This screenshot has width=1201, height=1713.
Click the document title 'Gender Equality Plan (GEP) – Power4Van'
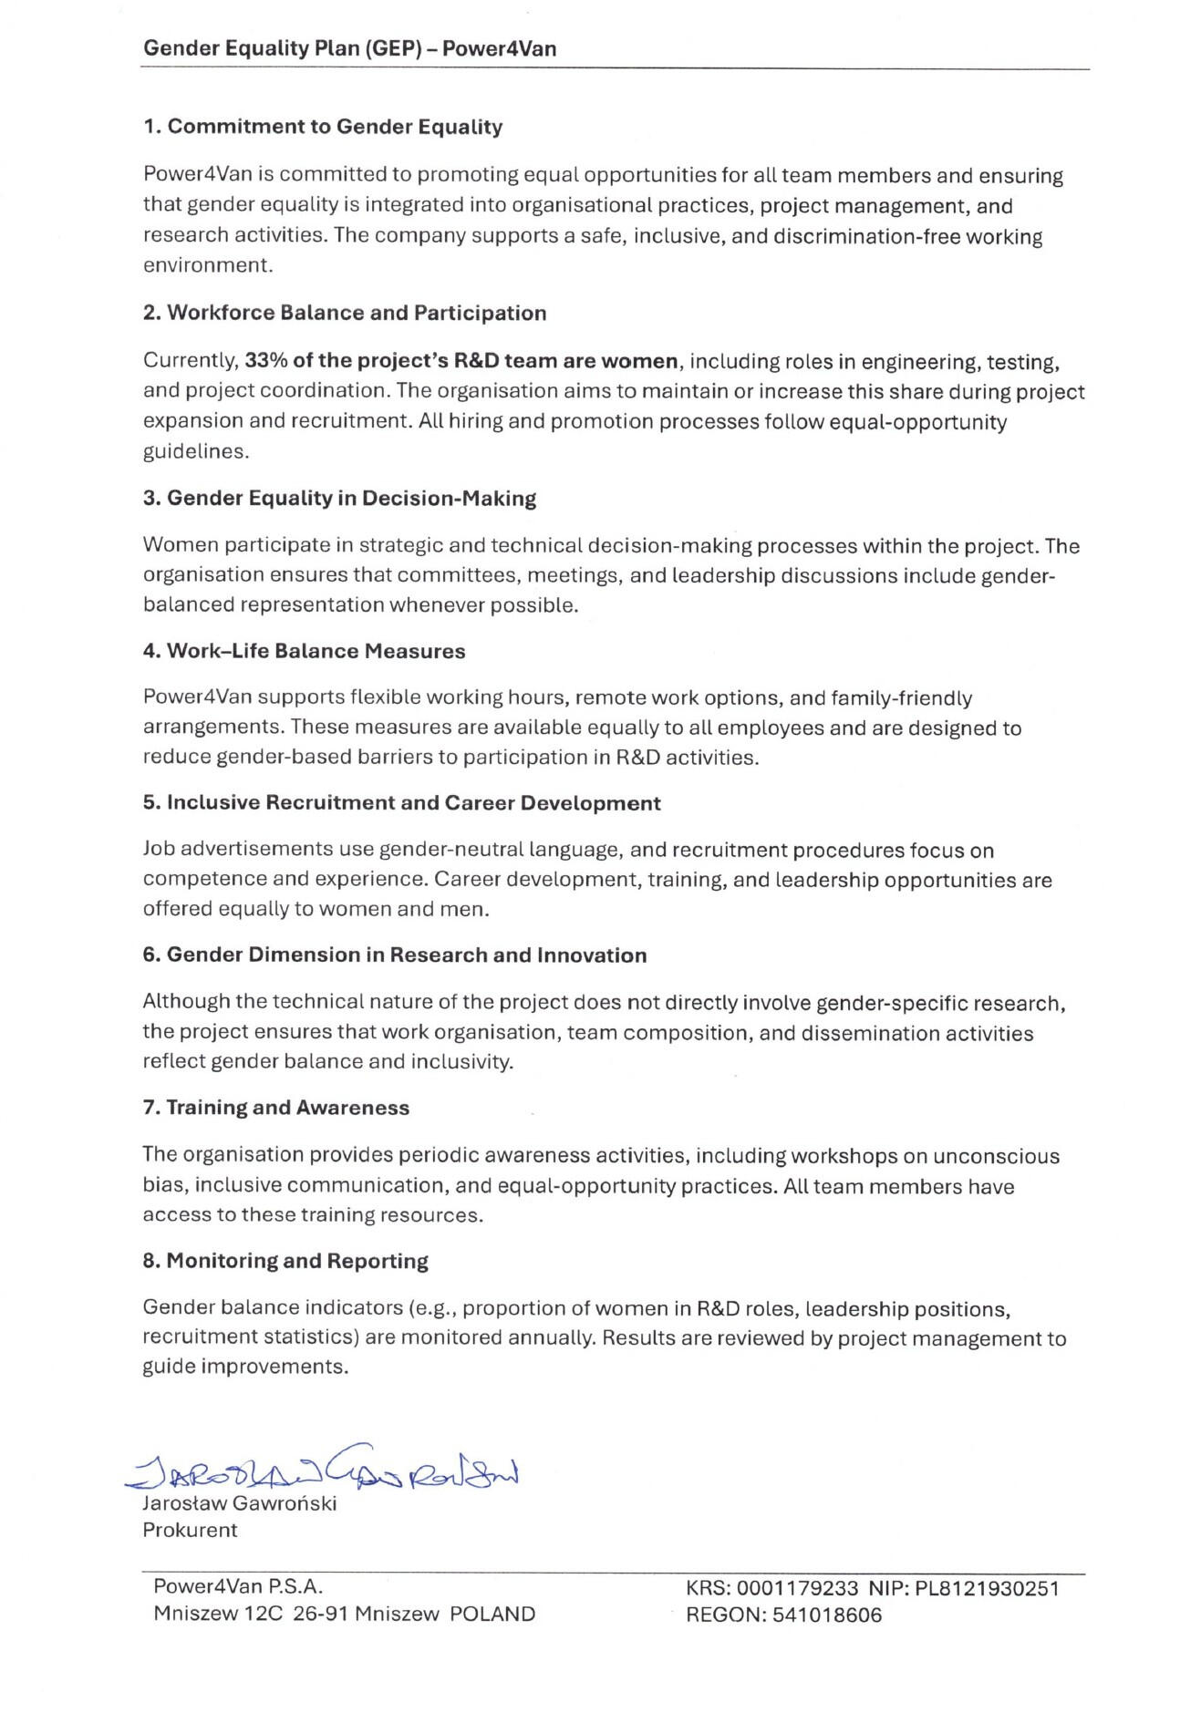point(349,48)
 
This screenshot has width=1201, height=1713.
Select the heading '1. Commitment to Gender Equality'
point(323,127)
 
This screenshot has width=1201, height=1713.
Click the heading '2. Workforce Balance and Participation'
point(345,313)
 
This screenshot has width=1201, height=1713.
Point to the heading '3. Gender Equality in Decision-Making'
point(339,498)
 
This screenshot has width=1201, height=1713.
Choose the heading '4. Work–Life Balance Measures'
point(304,651)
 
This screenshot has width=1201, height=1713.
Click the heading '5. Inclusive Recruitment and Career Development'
point(401,803)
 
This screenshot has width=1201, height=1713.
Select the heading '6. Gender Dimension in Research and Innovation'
point(394,955)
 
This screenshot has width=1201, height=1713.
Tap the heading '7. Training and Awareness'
point(275,1108)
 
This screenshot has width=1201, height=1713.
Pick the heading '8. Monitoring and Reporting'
point(285,1261)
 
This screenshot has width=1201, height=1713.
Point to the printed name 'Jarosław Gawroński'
point(239,1503)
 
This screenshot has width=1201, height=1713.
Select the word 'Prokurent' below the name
point(190,1530)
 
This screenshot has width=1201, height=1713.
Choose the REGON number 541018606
point(827,1615)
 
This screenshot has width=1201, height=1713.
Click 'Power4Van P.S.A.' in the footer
point(238,1587)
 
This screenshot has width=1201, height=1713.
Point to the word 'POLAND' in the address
point(492,1615)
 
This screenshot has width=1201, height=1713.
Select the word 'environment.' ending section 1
point(208,265)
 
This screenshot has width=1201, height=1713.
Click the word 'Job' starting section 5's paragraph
point(159,850)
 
